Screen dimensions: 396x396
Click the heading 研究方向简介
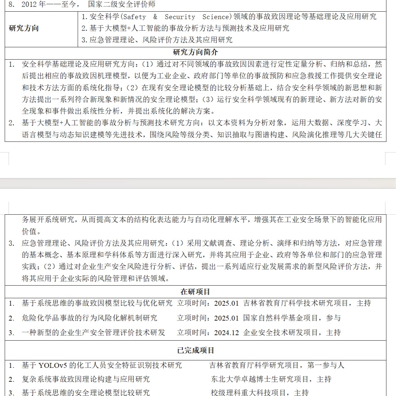click(x=195, y=52)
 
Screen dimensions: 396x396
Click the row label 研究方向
click(x=24, y=28)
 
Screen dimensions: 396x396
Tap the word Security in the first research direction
click(x=180, y=17)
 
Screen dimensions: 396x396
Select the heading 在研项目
click(x=195, y=292)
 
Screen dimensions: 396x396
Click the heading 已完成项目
click(x=196, y=350)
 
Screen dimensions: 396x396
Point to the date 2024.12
click(x=226, y=333)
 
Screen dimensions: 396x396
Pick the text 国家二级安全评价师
click(x=122, y=5)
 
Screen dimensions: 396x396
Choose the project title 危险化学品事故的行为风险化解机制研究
click(x=90, y=318)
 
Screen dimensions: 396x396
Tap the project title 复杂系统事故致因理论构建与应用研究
click(x=86, y=379)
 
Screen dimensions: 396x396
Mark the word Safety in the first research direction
click(x=135, y=17)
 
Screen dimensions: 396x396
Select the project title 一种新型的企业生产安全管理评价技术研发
click(x=93, y=333)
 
